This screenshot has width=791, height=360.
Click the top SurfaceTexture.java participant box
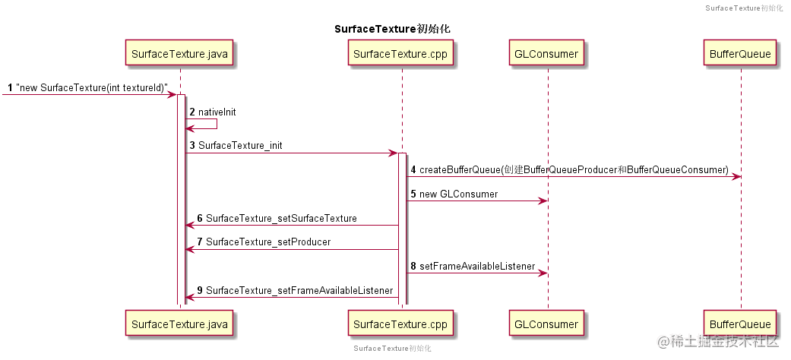point(179,54)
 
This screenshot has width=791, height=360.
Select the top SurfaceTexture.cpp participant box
point(401,54)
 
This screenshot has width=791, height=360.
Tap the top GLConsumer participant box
point(546,54)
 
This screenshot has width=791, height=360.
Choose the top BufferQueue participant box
point(740,54)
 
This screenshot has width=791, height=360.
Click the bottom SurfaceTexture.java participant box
point(179,324)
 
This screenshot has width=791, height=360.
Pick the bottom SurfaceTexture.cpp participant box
point(401,324)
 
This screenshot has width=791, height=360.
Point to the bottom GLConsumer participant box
point(546,324)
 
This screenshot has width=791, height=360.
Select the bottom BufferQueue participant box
point(740,324)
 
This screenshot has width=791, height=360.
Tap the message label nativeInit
point(217,112)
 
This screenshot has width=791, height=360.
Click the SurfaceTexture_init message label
point(240,145)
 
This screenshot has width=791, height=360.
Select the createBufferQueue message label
point(574,169)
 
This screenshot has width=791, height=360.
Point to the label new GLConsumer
point(458,194)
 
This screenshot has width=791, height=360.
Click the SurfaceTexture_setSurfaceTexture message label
point(281,218)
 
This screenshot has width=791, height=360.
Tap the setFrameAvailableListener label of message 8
point(477,267)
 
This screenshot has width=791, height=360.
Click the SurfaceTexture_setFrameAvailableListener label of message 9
point(299,291)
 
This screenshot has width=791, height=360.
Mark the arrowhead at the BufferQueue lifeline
point(736,177)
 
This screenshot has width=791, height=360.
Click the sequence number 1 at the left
point(9,87)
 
